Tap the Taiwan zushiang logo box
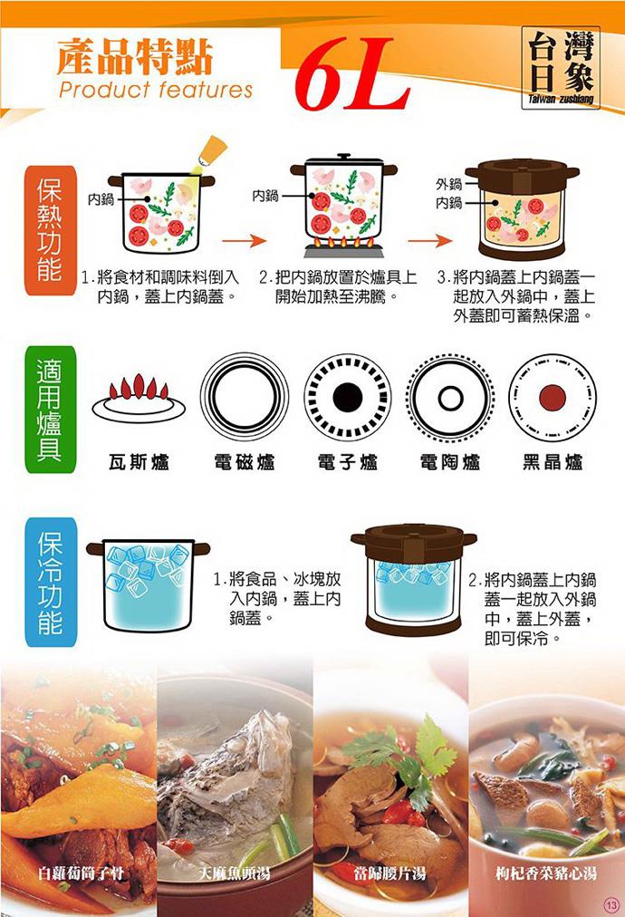pyautogui.click(x=561, y=68)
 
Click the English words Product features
pyautogui.click(x=156, y=90)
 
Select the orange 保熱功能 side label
pyautogui.click(x=50, y=230)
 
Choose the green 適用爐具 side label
pyautogui.click(x=50, y=410)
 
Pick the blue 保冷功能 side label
pyautogui.click(x=51, y=583)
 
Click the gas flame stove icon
pyautogui.click(x=139, y=397)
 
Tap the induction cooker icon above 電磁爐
pyautogui.click(x=245, y=397)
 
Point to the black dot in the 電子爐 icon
pyautogui.click(x=348, y=397)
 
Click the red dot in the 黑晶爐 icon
pyautogui.click(x=553, y=398)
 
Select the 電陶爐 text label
pyautogui.click(x=450, y=463)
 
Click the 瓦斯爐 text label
pyautogui.click(x=139, y=463)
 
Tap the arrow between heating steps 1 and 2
pyautogui.click(x=245, y=240)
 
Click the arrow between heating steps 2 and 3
pyautogui.click(x=429, y=240)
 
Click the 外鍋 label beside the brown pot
pyautogui.click(x=448, y=184)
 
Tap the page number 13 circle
pyautogui.click(x=611, y=904)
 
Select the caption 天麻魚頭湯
pyautogui.click(x=235, y=874)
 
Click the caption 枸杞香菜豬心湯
pyautogui.click(x=545, y=874)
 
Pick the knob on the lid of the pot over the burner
pyautogui.click(x=344, y=156)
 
